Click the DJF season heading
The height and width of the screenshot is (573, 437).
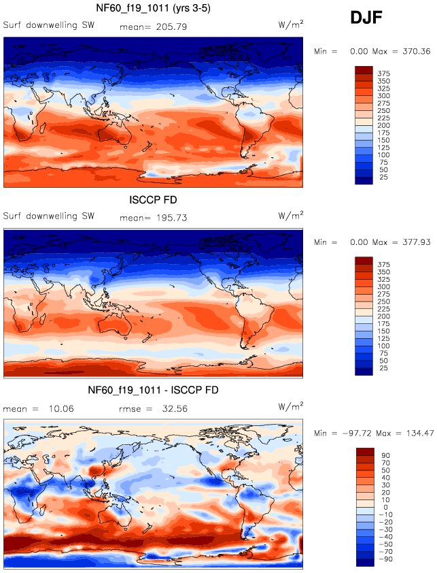[366, 18]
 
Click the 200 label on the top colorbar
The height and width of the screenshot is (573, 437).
[383, 127]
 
